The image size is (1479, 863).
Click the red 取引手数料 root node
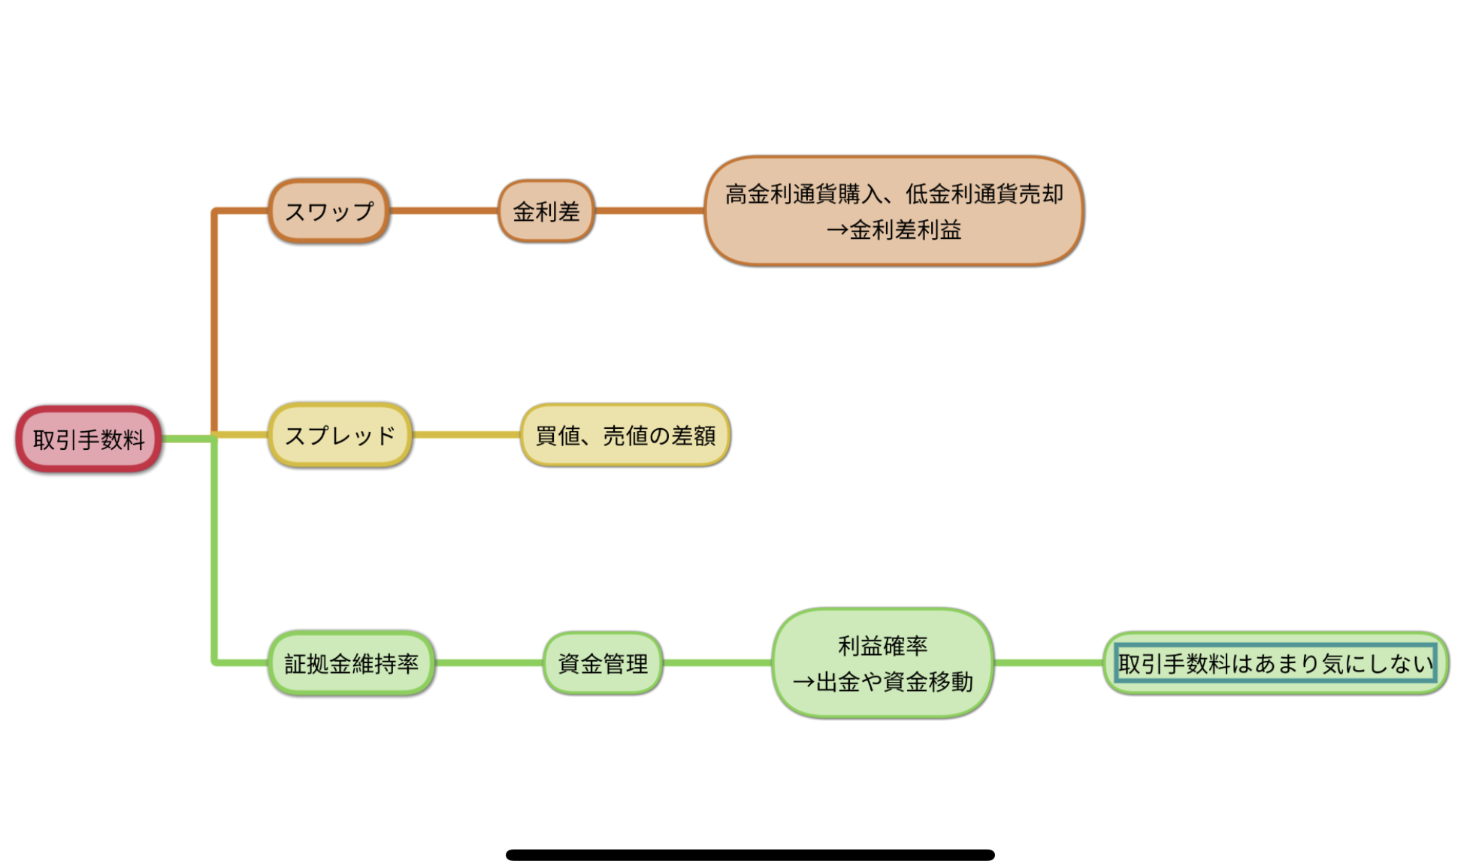click(89, 439)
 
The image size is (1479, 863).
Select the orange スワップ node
click(329, 211)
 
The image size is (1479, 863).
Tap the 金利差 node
click(546, 211)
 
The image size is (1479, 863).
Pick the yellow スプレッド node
click(340, 435)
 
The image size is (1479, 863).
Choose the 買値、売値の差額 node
click(625, 435)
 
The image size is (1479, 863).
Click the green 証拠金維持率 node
click(351, 663)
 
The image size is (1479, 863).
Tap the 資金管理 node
click(603, 663)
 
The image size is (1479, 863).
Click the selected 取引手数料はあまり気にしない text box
click(1275, 663)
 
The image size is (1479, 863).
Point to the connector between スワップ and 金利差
click(443, 211)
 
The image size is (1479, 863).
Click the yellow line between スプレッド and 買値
click(466, 435)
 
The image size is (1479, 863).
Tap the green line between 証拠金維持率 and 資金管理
click(488, 663)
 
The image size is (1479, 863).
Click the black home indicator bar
click(750, 855)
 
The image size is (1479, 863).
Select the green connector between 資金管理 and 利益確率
click(718, 663)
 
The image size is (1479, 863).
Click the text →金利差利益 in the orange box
click(894, 230)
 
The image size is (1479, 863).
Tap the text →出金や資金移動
click(883, 682)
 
